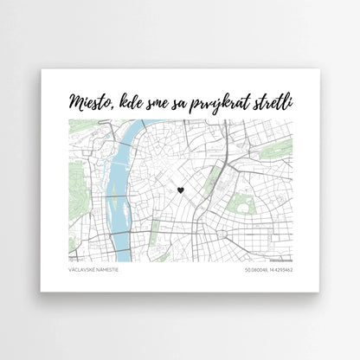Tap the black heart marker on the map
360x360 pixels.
point(181,190)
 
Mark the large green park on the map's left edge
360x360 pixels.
point(73,183)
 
